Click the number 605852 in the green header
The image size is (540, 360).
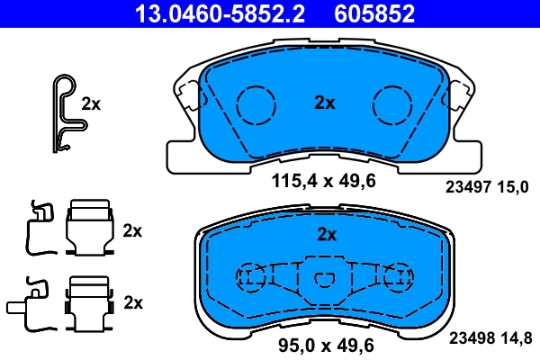click(375, 13)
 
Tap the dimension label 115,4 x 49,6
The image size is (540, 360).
click(323, 181)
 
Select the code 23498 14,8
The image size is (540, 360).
click(494, 338)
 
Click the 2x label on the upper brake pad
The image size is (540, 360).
click(325, 103)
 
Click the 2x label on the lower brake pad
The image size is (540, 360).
click(326, 235)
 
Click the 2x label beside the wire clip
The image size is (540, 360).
click(91, 103)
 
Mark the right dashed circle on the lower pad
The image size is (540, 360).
click(395, 278)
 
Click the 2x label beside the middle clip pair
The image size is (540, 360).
click(132, 230)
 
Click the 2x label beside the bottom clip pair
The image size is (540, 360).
click(132, 302)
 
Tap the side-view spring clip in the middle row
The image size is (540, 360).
click(38, 226)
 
